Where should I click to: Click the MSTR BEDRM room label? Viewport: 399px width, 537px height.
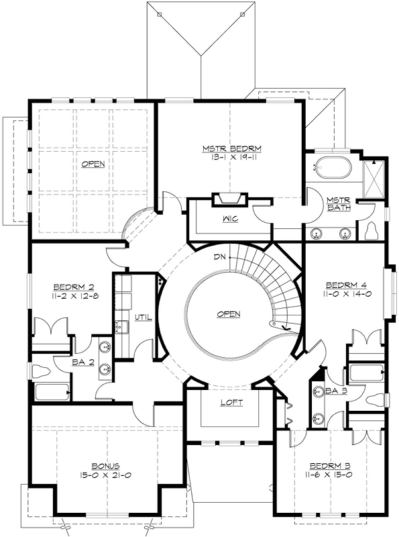(x=231, y=149)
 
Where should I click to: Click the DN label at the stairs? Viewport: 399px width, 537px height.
(x=221, y=256)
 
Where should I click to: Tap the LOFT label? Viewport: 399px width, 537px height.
(x=232, y=403)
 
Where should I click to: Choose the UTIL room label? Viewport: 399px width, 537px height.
(x=143, y=317)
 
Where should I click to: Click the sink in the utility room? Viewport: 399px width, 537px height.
(x=121, y=326)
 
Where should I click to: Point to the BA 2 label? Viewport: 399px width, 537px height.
(x=83, y=362)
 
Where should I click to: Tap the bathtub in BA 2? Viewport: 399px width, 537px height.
(x=52, y=392)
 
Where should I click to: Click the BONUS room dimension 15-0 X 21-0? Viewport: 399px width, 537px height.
(x=105, y=475)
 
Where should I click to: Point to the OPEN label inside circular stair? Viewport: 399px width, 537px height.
(x=229, y=314)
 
